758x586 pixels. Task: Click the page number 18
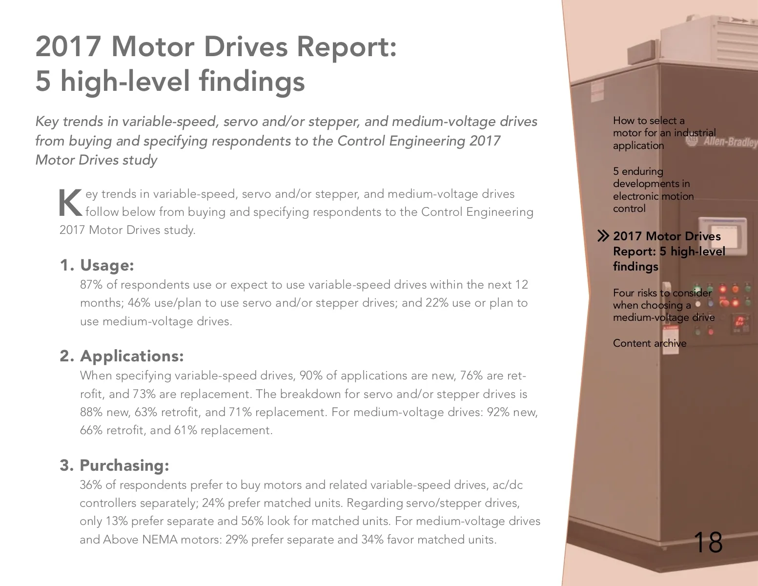tap(708, 542)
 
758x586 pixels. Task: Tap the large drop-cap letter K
tap(71, 203)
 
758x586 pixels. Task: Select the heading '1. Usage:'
tap(97, 265)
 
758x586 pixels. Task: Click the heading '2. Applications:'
tap(122, 356)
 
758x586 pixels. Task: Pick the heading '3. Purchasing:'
tap(114, 465)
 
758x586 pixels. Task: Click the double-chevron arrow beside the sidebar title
tap(603, 236)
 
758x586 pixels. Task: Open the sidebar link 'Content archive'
tap(650, 343)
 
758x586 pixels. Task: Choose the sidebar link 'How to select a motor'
tap(664, 133)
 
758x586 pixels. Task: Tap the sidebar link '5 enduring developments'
tap(654, 190)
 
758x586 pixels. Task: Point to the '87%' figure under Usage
tap(91, 285)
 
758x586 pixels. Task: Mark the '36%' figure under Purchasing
tap(91, 485)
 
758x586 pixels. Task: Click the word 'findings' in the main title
tap(252, 82)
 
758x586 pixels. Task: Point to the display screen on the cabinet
tap(722, 235)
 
